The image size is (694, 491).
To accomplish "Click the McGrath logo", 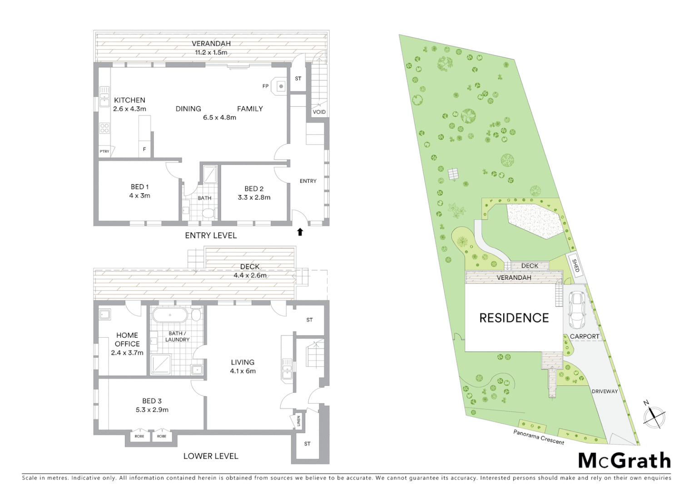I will [624, 461].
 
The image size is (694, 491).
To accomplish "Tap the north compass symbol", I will [654, 416].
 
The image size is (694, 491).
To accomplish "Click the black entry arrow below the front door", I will [300, 232].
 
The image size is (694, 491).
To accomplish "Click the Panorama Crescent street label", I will [539, 437].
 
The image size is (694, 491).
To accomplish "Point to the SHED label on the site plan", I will [575, 266].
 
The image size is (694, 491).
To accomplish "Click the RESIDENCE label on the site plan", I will [514, 318].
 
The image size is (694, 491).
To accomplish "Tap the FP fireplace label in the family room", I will [266, 86].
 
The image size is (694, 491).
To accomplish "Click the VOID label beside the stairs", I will [319, 112].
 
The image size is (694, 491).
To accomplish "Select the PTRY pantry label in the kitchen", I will [104, 151].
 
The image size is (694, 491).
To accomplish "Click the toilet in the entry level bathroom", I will [208, 213].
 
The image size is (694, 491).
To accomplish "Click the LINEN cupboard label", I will [298, 421].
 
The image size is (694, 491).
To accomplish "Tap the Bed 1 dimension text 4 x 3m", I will [139, 195].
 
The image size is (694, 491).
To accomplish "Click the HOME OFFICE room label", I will [127, 339].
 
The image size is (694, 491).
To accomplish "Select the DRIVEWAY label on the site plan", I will [605, 391].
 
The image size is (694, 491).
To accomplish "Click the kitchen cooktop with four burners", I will [104, 128].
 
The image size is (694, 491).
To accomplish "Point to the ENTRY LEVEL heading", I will [211, 235].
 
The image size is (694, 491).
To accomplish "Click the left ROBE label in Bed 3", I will [139, 436].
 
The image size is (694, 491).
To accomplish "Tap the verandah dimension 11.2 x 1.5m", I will [211, 52].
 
